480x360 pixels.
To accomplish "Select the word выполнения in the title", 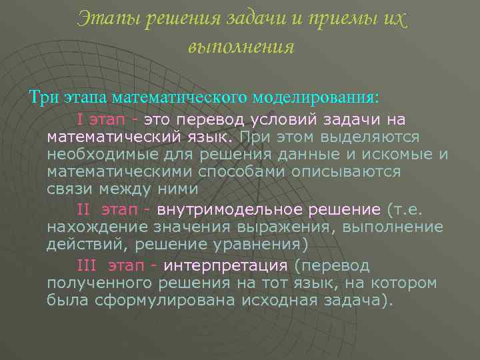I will click(x=241, y=47).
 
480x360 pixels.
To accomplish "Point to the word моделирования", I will click(x=316, y=97).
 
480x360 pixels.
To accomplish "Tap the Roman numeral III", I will click(x=87, y=265).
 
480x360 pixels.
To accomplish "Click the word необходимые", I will click(x=100, y=155).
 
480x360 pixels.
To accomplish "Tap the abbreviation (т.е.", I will click(x=405, y=210).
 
